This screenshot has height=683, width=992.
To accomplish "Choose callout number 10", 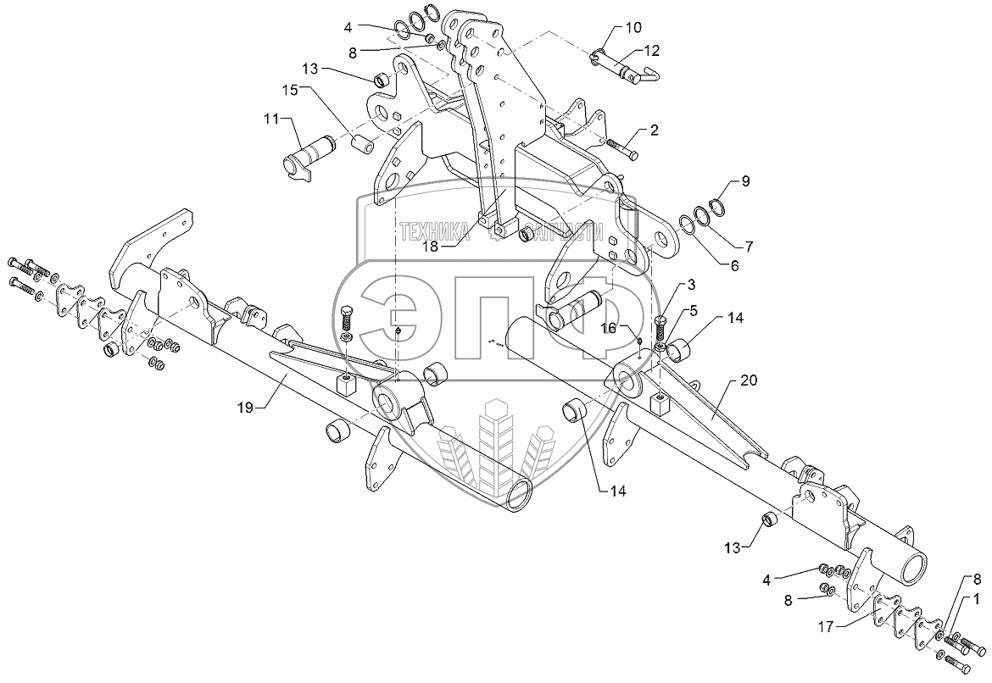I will click(x=633, y=29).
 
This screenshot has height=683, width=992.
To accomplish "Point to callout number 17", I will click(x=829, y=627).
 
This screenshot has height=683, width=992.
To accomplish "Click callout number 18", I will click(x=432, y=247).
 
